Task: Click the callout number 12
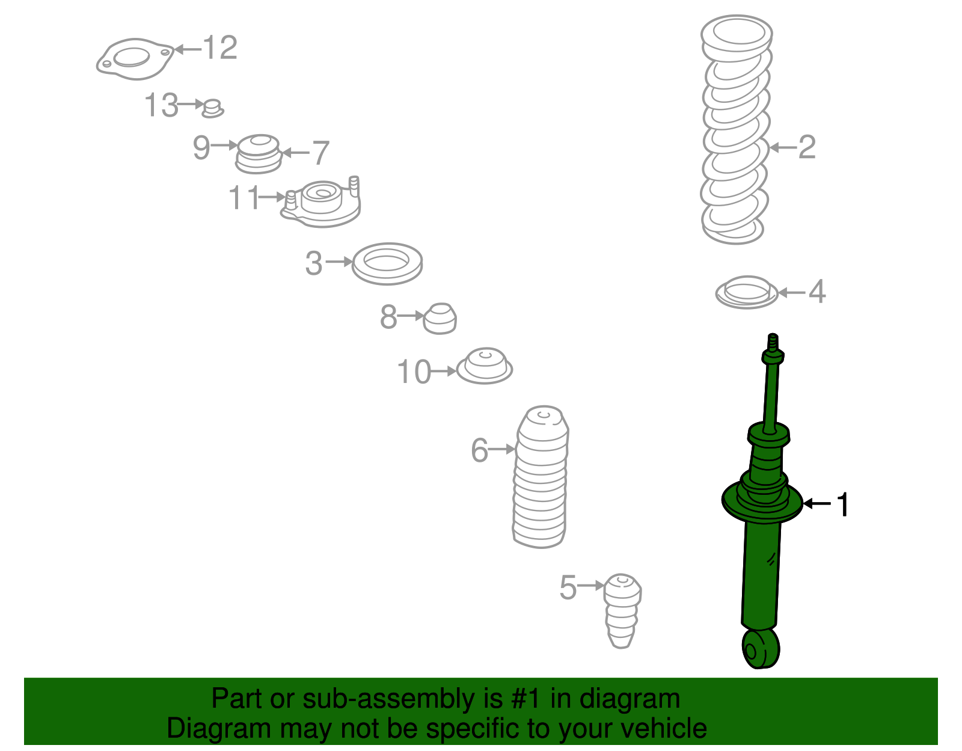tap(220, 48)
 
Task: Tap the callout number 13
tap(161, 105)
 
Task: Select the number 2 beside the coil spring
tap(807, 147)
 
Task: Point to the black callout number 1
tap(842, 504)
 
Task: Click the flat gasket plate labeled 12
tap(135, 60)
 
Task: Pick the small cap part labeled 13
tap(213, 109)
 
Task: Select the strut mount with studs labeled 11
tap(321, 202)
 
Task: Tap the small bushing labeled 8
tap(440, 319)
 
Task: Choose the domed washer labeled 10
tap(485, 366)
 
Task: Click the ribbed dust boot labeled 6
tap(541, 477)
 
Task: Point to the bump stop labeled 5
tap(622, 611)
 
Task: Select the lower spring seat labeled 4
tap(746, 292)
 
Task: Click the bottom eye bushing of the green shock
tap(760, 649)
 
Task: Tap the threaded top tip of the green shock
tap(773, 341)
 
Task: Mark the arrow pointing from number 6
tap(502, 449)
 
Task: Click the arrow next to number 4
tap(792, 292)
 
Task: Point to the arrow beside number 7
tap(296, 153)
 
